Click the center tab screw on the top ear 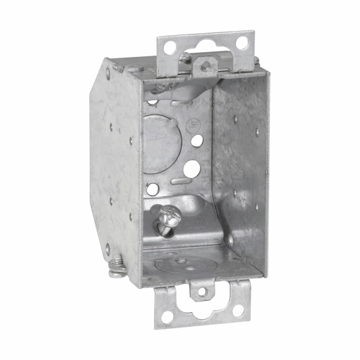tap(204, 66)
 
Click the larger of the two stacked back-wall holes tap(191, 168)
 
